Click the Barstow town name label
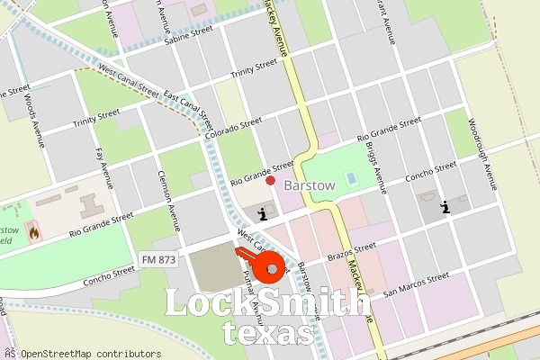310,185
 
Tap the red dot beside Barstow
271,181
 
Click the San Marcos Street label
417,285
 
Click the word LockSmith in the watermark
268,304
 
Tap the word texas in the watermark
269,334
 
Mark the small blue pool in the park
350,178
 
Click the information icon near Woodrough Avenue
445,208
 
